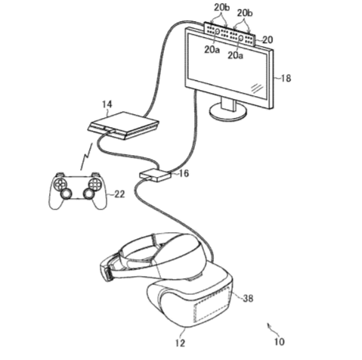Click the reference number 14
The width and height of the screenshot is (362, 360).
[107, 104]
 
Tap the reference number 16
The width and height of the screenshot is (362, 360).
[184, 173]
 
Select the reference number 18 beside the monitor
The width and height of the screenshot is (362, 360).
[286, 79]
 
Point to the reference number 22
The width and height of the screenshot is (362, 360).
[119, 194]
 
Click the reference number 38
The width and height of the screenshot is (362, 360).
[248, 299]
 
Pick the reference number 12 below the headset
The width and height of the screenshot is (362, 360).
[180, 343]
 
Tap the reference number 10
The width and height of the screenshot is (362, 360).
[279, 342]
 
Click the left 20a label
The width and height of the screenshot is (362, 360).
[212, 50]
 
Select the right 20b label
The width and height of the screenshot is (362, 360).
[244, 13]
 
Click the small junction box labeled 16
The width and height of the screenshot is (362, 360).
[155, 175]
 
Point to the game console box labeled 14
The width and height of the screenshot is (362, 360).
[123, 126]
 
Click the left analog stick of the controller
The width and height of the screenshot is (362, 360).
[66, 194]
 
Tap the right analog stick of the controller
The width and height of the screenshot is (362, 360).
[88, 194]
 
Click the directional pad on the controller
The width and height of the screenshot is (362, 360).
[60, 184]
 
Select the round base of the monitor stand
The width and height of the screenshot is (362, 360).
[228, 111]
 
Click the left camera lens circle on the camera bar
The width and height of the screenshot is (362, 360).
[217, 32]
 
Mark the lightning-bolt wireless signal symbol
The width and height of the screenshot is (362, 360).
[86, 157]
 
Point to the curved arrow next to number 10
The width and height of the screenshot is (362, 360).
[271, 328]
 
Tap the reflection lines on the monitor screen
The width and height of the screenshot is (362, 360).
[257, 88]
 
